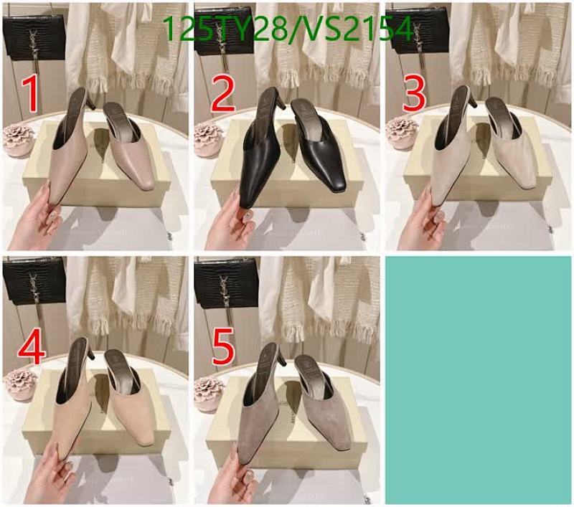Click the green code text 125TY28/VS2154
[x=288, y=30]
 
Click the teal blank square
[x=479, y=379]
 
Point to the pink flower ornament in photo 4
[x=19, y=382]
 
